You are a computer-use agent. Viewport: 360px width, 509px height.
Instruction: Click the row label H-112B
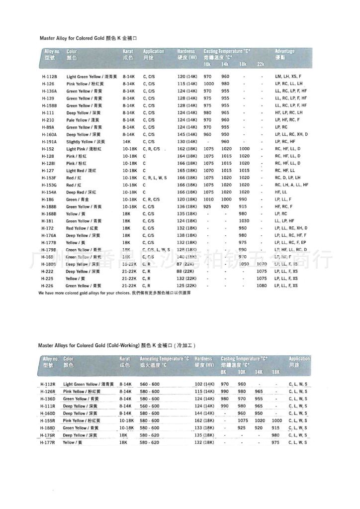coord(49,77)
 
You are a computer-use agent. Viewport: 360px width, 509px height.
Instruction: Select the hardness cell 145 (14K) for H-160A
coord(187,134)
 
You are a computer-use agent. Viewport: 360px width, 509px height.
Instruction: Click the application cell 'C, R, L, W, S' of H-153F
coord(155,178)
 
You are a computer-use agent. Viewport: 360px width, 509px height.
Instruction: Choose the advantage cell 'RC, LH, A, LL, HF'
coord(291,185)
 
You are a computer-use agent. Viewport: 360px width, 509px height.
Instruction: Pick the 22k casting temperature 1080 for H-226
coord(262,286)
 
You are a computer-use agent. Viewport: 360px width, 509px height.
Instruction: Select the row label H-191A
coord(49,142)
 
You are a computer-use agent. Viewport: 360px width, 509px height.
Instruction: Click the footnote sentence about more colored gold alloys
coord(114,293)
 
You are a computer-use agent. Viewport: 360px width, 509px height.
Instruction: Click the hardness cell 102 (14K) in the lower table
coord(204,384)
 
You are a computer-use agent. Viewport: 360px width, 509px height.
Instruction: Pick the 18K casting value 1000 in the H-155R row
coord(276,420)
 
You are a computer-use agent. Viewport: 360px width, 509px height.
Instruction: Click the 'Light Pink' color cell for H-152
coord(84,149)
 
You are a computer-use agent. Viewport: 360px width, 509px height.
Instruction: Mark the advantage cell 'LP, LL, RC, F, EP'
coord(291,242)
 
